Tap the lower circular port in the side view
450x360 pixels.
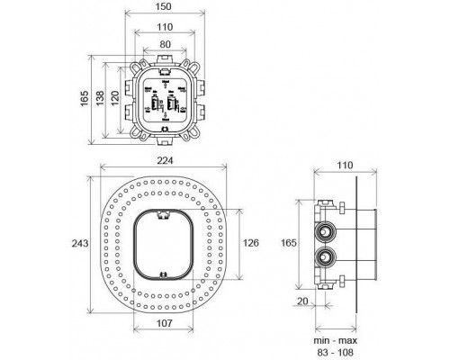(x=325, y=261)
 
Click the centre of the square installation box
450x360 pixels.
(x=163, y=99)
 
